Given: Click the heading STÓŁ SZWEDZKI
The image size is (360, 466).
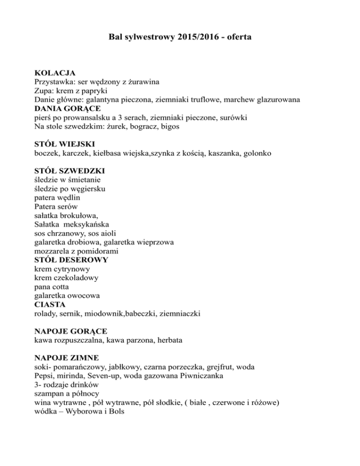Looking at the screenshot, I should point(70,171).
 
